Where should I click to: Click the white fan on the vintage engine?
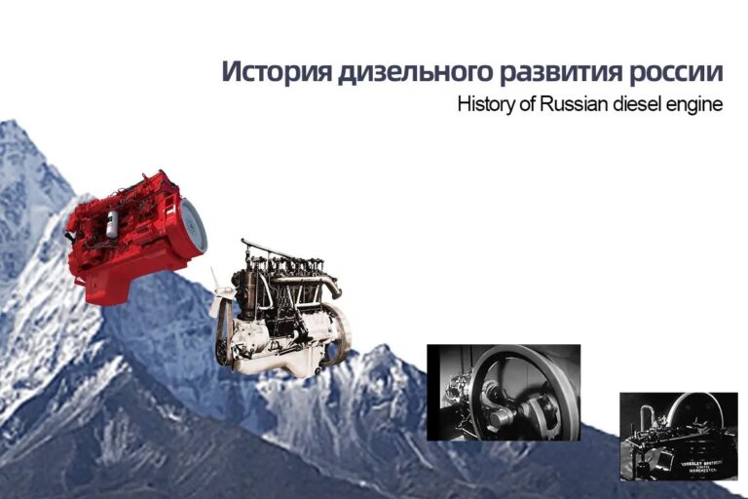(x=220, y=292)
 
